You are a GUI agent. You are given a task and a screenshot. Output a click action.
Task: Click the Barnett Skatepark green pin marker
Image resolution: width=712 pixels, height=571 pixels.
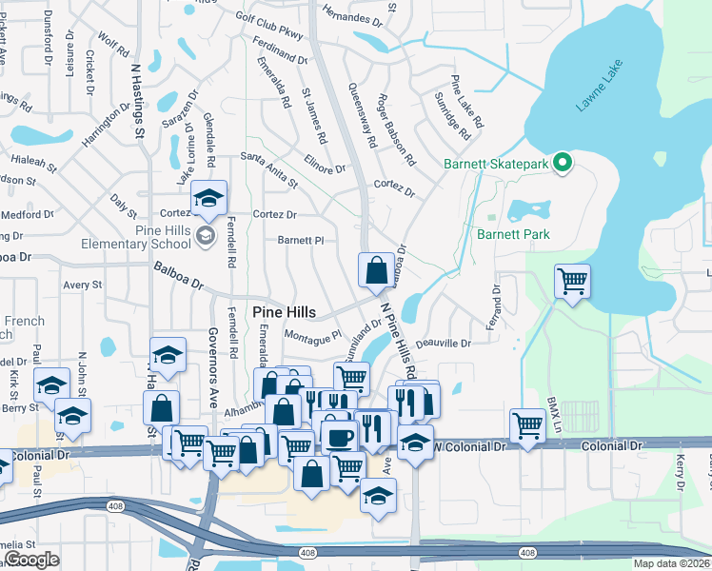(x=562, y=164)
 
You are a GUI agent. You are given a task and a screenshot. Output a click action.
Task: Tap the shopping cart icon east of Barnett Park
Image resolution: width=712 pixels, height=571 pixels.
(x=572, y=281)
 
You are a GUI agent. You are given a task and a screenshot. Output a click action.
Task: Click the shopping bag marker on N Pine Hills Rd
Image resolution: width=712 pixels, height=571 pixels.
(x=376, y=269)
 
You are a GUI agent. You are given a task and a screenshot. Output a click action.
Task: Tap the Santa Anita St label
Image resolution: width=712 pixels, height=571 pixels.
(x=269, y=169)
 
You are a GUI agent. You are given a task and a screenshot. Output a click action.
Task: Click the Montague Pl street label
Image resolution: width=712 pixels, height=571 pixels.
(x=313, y=337)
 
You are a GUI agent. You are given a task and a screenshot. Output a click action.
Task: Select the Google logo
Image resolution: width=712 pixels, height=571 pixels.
(x=32, y=560)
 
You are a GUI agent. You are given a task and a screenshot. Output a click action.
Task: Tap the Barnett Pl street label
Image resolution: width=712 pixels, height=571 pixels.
(x=301, y=241)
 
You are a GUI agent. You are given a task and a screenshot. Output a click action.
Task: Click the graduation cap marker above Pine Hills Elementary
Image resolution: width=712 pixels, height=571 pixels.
(x=208, y=198)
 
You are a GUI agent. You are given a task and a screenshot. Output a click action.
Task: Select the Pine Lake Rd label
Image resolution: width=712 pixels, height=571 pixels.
(x=467, y=102)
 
